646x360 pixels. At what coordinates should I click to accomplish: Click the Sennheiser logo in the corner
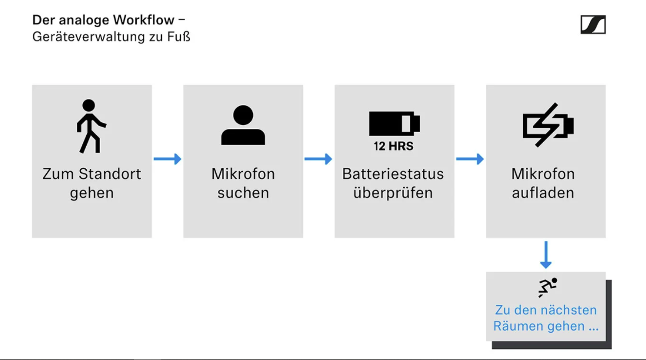click(593, 24)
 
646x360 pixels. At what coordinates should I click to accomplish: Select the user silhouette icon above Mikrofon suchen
click(243, 125)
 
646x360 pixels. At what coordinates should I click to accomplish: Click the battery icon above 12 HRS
click(394, 123)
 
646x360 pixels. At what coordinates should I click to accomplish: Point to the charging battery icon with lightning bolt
click(548, 125)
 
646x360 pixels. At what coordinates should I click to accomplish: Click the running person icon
click(548, 287)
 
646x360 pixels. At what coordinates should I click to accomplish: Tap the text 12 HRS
click(394, 146)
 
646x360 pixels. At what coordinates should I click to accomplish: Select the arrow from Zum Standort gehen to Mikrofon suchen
click(167, 159)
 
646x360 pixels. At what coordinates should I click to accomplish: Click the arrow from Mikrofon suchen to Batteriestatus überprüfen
click(318, 159)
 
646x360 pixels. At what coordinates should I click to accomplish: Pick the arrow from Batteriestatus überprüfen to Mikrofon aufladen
click(470, 159)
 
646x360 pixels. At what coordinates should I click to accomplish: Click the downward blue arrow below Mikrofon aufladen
click(546, 255)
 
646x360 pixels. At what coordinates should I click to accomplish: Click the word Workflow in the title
click(144, 20)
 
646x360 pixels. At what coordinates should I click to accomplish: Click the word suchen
click(243, 193)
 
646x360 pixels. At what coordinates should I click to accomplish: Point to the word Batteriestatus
click(393, 174)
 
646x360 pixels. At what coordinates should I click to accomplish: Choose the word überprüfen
click(393, 193)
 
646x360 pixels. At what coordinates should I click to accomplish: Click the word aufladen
click(543, 193)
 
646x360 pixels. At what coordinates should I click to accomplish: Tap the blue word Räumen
click(518, 326)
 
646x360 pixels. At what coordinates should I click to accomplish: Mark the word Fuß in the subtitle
click(179, 37)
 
